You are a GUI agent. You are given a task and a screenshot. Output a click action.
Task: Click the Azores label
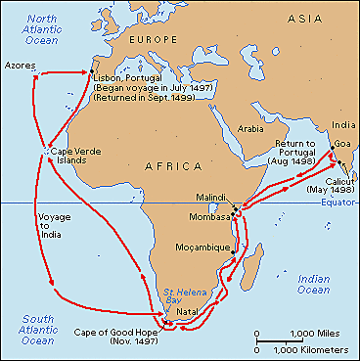point(21,65)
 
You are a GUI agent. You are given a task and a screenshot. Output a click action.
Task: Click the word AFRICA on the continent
point(174,168)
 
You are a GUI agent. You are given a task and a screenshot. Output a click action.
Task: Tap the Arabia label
point(252,127)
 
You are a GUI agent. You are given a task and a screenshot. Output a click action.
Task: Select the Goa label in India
point(344,142)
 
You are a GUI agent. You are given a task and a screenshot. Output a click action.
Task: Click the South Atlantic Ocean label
point(27,330)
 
